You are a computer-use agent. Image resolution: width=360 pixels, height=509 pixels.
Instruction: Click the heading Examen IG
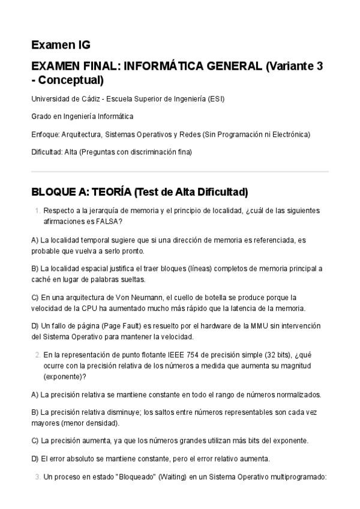[x=61, y=45]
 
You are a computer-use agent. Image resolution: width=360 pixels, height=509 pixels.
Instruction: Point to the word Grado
[x=41, y=116]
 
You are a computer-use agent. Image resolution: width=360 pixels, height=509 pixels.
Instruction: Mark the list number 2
[x=38, y=355]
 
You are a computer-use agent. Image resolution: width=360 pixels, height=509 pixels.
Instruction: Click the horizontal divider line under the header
[x=180, y=172]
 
